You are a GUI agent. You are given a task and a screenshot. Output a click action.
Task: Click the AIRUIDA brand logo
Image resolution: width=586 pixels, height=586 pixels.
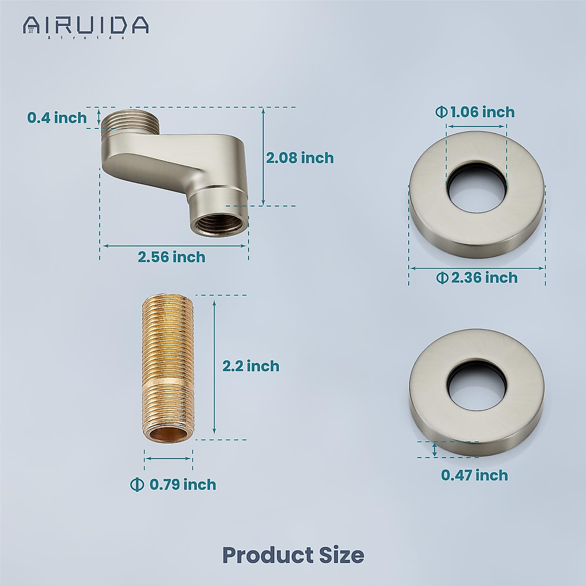86,25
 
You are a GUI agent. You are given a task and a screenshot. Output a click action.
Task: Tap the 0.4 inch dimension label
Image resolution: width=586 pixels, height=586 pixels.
57,118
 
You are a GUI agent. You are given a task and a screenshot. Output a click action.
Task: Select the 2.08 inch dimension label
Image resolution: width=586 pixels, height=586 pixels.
299,158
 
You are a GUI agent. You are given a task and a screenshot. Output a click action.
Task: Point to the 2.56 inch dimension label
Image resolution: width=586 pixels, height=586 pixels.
171,257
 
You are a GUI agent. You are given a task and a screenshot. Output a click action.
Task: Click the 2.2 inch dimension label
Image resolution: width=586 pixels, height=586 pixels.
251,366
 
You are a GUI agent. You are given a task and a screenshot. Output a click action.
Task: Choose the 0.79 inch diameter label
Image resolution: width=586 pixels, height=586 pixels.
173,484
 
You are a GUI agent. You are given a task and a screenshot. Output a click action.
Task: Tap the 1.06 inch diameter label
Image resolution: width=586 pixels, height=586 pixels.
475,112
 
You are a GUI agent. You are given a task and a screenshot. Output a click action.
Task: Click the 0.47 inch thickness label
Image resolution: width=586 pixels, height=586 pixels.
475,475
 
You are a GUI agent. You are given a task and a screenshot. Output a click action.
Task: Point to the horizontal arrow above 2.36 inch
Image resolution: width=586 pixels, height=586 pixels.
477,268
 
